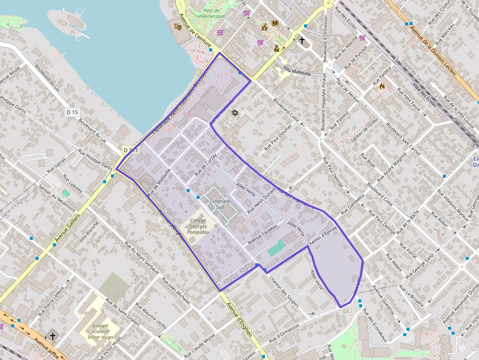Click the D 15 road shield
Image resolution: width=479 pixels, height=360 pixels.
(x=72, y=112)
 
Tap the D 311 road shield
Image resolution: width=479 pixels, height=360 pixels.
(x=131, y=150)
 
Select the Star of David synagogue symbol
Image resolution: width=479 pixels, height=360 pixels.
(x=235, y=113)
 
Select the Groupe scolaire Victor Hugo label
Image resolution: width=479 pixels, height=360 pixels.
(x=100, y=331)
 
